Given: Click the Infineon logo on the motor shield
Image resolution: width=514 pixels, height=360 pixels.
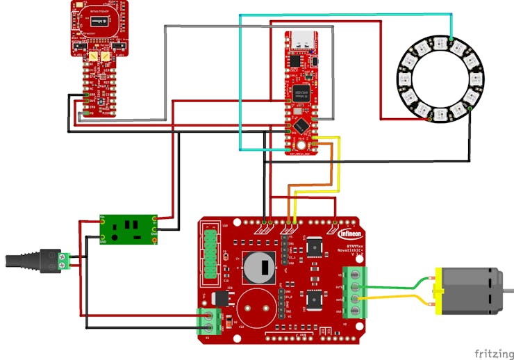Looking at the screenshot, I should coord(349,234).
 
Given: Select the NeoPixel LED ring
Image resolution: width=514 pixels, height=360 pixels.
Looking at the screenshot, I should coord(440,80).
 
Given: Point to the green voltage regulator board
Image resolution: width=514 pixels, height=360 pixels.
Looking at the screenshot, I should coord(129,229).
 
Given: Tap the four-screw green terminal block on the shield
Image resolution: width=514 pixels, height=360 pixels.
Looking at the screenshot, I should coord(355,292).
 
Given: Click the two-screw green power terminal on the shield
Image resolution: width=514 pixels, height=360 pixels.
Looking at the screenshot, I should coord(210,321).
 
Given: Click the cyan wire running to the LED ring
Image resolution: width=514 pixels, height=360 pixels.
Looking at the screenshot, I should coord(347,15).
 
